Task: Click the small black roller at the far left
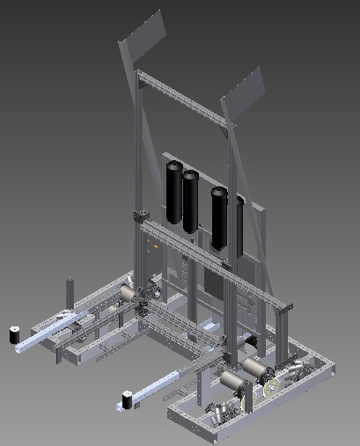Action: (x=15, y=335)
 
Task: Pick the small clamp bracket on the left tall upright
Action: (x=139, y=216)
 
